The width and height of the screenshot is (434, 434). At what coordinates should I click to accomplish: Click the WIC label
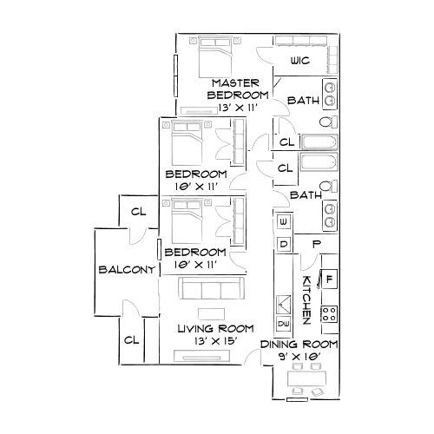tap(300, 61)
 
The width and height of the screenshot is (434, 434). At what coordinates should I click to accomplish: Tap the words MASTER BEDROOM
tap(236, 88)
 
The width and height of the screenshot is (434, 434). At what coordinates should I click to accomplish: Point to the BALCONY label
tap(126, 269)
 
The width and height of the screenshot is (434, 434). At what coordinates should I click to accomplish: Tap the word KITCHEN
tap(306, 299)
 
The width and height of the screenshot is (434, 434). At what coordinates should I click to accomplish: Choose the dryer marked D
tap(284, 246)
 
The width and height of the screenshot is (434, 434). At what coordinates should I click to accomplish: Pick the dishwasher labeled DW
tap(284, 324)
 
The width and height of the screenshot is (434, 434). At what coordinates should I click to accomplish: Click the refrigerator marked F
tap(330, 279)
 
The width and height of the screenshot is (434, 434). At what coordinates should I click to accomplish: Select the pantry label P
tap(317, 245)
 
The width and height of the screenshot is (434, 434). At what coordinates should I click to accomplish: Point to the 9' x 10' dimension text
tap(299, 356)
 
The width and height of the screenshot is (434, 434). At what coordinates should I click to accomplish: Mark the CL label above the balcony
tap(138, 211)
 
